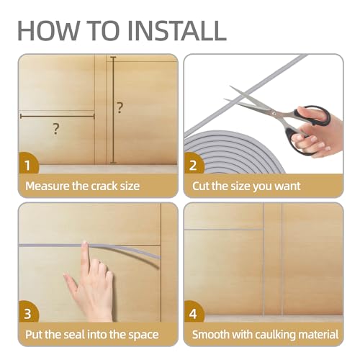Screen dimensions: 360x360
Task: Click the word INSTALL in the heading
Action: click(177, 31)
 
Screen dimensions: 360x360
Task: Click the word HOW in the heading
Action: click(48, 31)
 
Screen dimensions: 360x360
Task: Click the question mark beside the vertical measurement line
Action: click(120, 108)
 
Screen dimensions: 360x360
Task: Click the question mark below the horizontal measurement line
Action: click(55, 129)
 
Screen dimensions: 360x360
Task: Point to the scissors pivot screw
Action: click(274, 112)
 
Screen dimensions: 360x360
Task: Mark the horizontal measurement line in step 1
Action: click(58, 117)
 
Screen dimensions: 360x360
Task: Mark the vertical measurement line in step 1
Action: click(113, 110)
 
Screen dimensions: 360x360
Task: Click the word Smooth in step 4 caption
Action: click(210, 335)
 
